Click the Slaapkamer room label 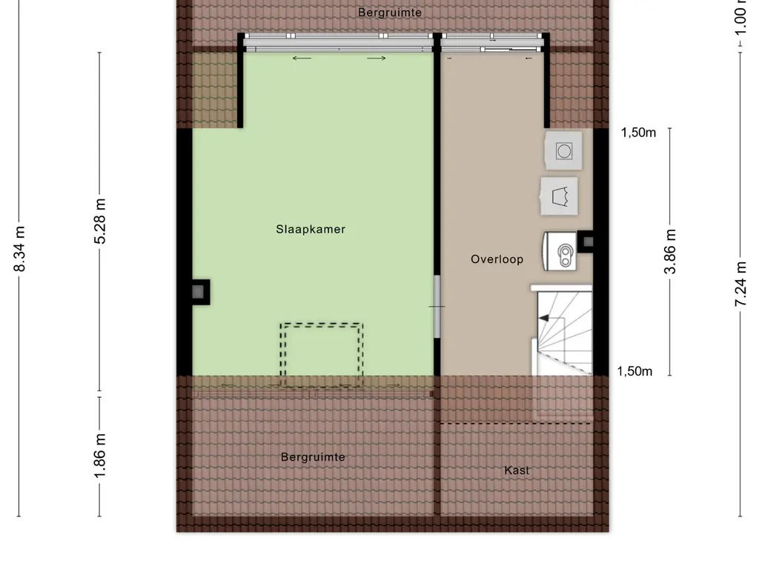coord(311,230)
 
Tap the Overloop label coord(497,259)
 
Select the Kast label coord(517,470)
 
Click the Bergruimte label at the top coord(390,13)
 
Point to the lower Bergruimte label coord(313,457)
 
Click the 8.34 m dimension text coord(21,248)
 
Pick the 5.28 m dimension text coord(101,221)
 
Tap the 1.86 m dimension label coord(101,455)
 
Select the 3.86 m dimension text coord(670,251)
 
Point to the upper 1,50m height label coord(638,133)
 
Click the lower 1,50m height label coord(634,372)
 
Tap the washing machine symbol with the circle coord(564,150)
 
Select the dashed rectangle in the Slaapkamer coord(322,354)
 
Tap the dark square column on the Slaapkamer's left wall coord(199,292)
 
